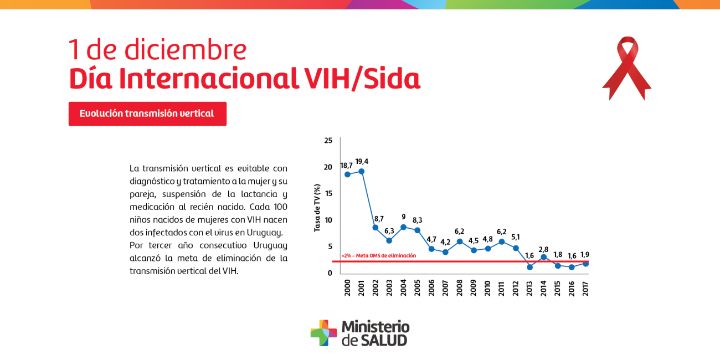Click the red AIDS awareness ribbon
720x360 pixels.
[627, 66]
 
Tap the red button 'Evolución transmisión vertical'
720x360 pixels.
[147, 114]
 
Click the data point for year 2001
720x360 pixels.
[361, 171]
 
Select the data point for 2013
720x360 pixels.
[529, 267]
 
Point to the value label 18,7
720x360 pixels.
[347, 165]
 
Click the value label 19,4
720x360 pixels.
[362, 162]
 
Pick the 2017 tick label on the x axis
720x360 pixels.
[585, 288]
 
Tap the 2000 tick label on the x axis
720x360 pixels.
[347, 288]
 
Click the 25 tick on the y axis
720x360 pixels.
[328, 141]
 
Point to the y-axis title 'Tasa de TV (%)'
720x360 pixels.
[317, 208]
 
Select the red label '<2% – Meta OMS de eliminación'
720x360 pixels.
[379, 255]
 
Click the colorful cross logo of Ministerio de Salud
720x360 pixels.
[323, 333]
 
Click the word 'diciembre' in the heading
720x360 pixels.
[186, 50]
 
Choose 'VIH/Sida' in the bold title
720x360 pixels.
[362, 79]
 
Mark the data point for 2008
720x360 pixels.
[460, 241]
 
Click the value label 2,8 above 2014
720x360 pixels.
[543, 250]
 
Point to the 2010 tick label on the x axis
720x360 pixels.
[487, 288]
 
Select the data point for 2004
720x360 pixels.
[403, 227]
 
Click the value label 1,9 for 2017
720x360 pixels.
[585, 255]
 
